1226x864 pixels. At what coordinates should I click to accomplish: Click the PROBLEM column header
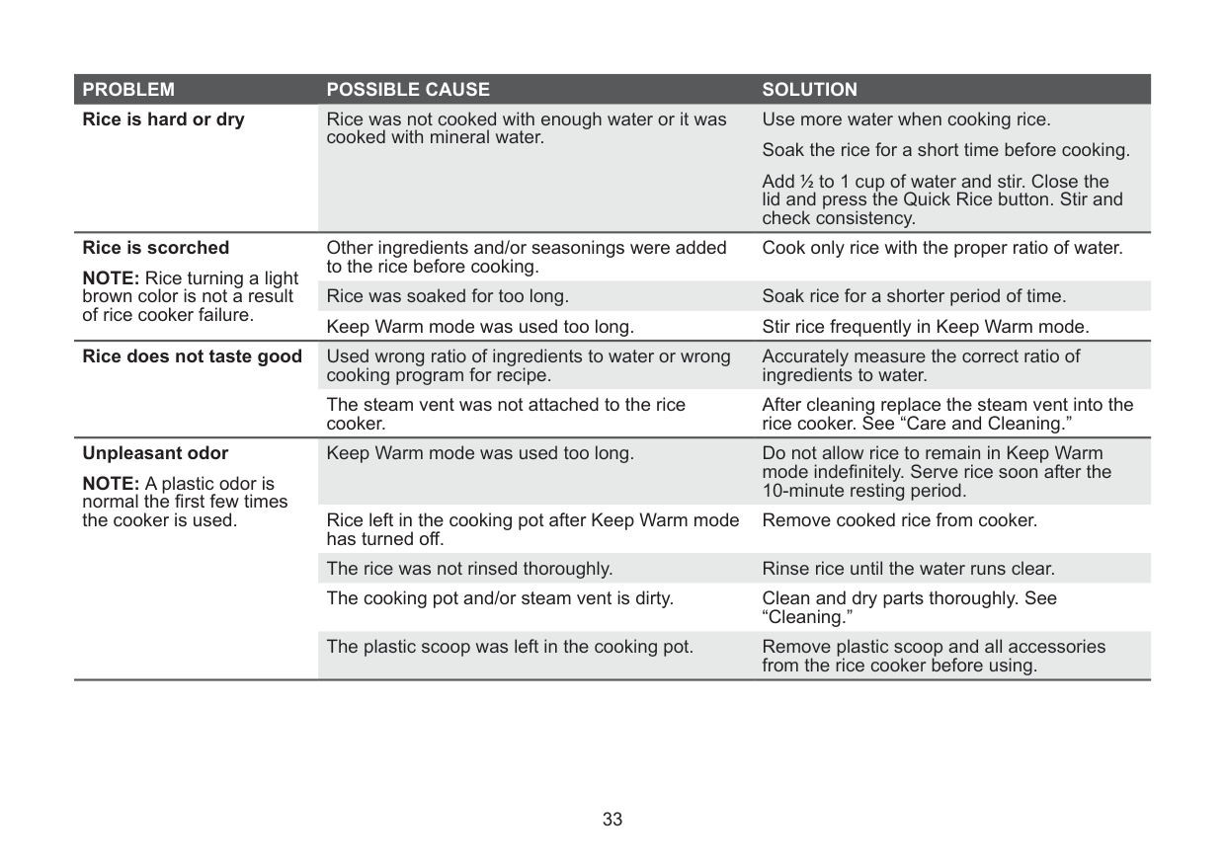coord(128,90)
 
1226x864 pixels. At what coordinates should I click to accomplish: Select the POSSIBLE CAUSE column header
coord(407,90)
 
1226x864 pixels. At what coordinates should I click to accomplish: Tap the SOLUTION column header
coord(809,90)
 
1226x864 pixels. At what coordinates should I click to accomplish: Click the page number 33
coord(613,820)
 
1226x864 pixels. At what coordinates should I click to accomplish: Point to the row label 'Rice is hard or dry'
coord(164,120)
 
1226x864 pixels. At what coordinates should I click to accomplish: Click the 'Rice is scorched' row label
coord(156,248)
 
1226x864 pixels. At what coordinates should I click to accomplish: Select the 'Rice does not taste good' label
coord(193,356)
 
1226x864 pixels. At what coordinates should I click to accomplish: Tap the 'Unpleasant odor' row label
coord(155,454)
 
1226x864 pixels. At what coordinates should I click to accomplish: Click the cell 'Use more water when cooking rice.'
coord(906,120)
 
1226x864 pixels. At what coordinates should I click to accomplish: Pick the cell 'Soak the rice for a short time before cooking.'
coord(945,151)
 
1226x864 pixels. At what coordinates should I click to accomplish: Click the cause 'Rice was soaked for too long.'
coord(447,296)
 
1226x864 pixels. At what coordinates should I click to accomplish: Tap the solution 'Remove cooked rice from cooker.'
coord(899,519)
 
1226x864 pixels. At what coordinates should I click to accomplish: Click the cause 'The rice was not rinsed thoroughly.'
coord(469,569)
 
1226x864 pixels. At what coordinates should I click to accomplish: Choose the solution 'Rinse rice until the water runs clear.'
coord(908,569)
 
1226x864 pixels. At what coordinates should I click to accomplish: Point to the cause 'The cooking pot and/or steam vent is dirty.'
coord(500,598)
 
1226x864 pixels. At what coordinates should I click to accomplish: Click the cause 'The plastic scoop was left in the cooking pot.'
coord(510,648)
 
